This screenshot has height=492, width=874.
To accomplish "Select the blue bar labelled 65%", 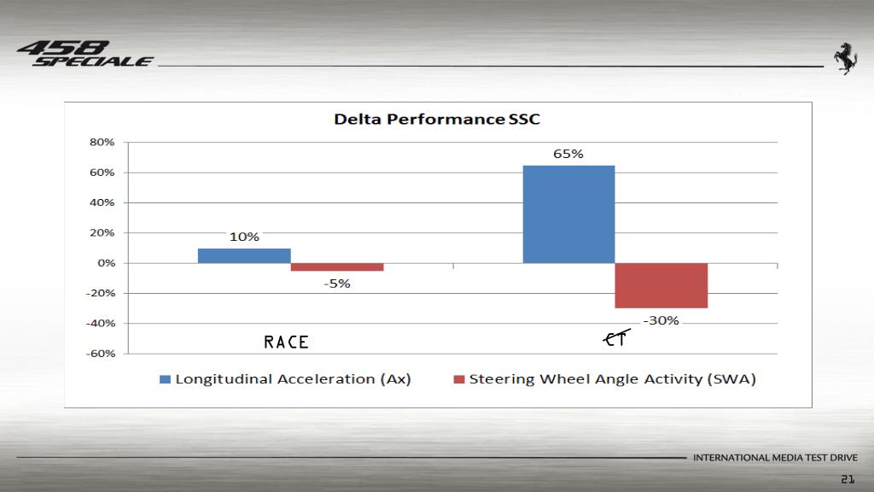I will pos(568,214).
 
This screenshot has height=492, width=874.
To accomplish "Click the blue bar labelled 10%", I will pos(244,255).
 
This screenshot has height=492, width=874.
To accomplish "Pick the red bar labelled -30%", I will pos(661,285).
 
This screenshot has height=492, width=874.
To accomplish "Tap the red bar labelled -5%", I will pos(337,267).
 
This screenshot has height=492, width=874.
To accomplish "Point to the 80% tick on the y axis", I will pos(102,143).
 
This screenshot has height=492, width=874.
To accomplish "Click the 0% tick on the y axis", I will pos(106,263).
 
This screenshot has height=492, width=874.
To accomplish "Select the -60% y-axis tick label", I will pos(99,354).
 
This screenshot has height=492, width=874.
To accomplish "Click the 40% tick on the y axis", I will pos(102,203).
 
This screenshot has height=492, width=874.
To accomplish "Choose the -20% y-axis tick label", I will pos(99,293).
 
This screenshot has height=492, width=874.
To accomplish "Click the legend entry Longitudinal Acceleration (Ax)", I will pos(286,379).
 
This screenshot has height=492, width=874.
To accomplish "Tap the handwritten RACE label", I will pos(286,343).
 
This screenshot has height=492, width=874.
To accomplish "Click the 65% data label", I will pos(568,155).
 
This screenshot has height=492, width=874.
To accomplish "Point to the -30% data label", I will pos(661,321).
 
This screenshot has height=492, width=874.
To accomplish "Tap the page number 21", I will pos(848,478).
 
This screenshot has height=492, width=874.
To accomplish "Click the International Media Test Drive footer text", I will pos(775,458).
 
